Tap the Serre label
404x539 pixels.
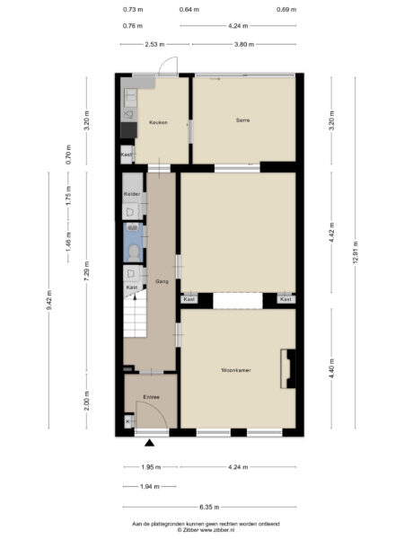click(x=242, y=119)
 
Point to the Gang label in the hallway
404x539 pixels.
click(x=162, y=281)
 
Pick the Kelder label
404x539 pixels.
click(x=132, y=193)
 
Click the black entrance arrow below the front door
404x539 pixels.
click(x=150, y=441)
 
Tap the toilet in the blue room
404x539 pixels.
click(x=134, y=250)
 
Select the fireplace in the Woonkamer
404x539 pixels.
click(x=288, y=368)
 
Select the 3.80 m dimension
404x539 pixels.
click(x=242, y=43)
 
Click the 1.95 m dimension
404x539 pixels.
click(x=150, y=466)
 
